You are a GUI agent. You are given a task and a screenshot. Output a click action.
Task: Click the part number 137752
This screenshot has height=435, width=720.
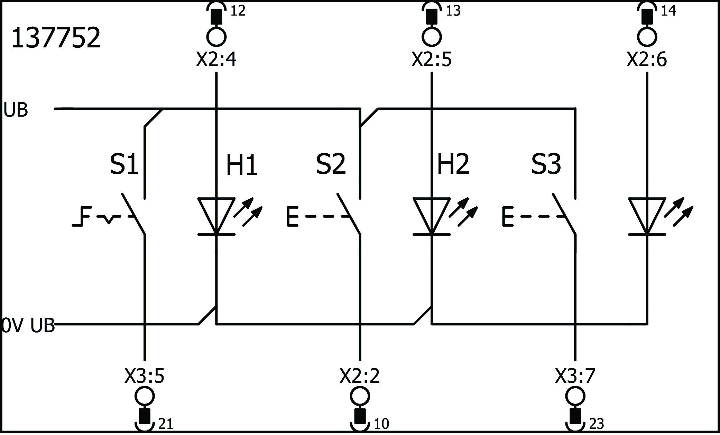56,38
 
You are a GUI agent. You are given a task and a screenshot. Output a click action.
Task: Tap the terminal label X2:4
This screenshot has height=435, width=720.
216,60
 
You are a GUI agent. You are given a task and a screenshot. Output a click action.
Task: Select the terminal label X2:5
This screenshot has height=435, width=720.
431,60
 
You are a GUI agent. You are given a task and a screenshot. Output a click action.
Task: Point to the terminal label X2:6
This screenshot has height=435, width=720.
647,60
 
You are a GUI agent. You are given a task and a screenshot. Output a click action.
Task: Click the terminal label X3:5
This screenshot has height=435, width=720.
144,376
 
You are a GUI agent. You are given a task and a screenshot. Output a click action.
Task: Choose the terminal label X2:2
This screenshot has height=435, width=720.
360,376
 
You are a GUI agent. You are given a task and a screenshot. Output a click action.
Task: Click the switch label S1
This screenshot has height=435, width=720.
124,165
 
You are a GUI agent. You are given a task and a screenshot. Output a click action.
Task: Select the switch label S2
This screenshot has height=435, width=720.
331,165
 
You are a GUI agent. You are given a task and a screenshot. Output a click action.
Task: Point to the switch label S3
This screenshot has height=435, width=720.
546,165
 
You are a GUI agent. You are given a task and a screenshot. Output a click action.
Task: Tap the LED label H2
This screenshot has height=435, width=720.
453,165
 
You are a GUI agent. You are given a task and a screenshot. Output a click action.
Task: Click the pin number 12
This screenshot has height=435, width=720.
238,11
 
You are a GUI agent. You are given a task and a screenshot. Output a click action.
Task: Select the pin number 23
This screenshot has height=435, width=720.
596,424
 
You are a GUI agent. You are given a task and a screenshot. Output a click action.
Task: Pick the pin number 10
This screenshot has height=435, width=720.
381,424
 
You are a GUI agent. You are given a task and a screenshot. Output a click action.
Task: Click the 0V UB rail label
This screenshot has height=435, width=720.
28,326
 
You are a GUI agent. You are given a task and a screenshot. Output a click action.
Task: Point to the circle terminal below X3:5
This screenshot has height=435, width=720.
144,396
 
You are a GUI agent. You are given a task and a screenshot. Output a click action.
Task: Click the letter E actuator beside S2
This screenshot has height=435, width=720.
293,217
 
